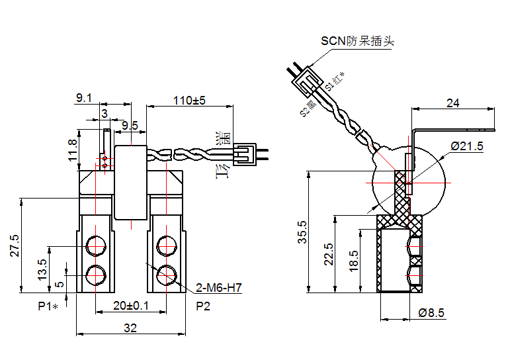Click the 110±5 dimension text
(190, 101)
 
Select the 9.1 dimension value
(84, 98)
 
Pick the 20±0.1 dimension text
(130, 306)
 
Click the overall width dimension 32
(130, 328)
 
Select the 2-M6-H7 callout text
(219, 289)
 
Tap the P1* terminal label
(48, 306)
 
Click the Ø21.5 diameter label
(467, 146)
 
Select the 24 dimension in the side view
(453, 103)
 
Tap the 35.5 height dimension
(302, 232)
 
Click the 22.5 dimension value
(329, 253)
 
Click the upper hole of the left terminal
(96, 247)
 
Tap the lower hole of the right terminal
(167, 273)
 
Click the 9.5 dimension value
(130, 125)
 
